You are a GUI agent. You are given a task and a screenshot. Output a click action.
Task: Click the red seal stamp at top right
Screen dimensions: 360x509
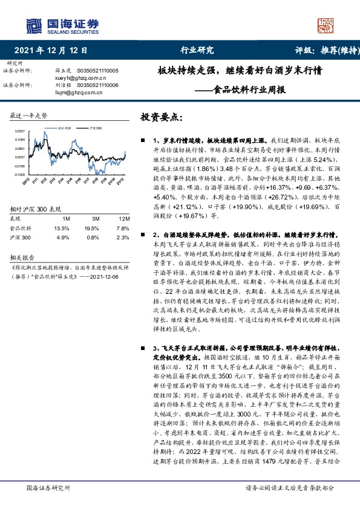327,25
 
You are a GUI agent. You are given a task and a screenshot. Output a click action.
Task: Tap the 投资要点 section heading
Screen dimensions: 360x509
160,115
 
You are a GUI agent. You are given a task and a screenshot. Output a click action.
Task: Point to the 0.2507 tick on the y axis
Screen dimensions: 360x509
19,131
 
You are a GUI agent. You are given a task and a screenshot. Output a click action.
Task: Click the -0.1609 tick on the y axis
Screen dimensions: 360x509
19,174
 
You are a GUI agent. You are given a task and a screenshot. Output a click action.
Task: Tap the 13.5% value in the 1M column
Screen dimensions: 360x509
62,229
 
